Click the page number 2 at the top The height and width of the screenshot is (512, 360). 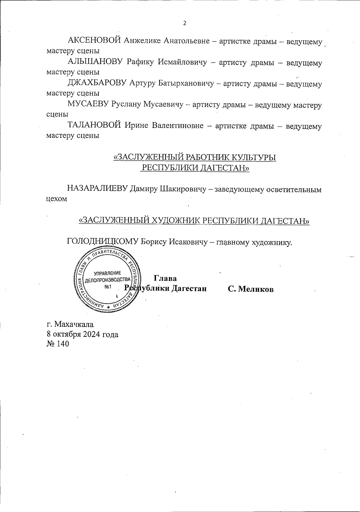[x=184, y=23]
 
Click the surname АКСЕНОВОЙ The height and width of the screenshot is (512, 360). [x=94, y=41]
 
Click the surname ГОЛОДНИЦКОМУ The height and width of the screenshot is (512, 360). [x=103, y=241]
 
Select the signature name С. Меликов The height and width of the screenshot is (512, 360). [x=250, y=289]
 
